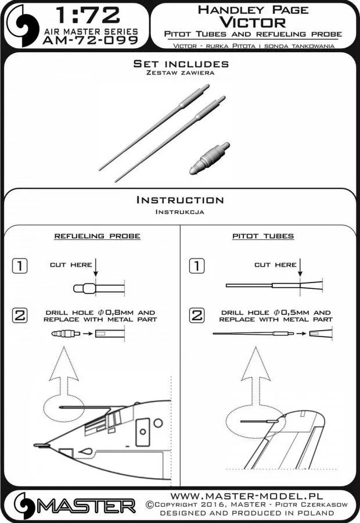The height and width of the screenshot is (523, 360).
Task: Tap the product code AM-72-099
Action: click(x=91, y=41)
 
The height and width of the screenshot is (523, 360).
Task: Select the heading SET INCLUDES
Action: click(x=181, y=64)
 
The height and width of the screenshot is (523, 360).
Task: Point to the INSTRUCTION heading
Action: click(x=179, y=200)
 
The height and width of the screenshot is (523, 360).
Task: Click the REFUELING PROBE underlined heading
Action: click(x=97, y=237)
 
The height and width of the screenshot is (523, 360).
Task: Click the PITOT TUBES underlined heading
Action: click(x=262, y=237)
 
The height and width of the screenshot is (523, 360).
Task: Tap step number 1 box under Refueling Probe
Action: click(x=20, y=266)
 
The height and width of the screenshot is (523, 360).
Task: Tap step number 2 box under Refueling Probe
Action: click(x=20, y=316)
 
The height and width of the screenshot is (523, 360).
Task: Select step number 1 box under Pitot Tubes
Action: click(x=197, y=266)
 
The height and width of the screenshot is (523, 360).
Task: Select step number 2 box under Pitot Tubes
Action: click(x=197, y=316)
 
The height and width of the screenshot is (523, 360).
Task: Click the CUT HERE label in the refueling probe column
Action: click(x=70, y=265)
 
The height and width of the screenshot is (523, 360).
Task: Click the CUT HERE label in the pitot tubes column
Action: click(x=275, y=265)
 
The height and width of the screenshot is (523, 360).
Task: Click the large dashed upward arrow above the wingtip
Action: click(x=251, y=372)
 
